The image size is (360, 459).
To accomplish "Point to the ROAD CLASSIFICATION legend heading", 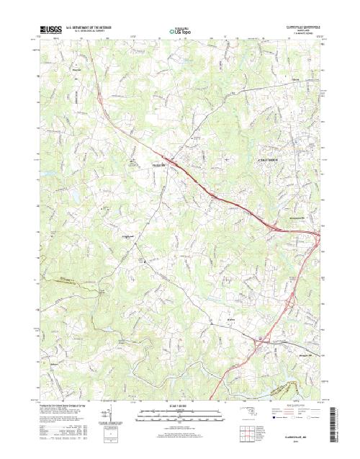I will (295, 407).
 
